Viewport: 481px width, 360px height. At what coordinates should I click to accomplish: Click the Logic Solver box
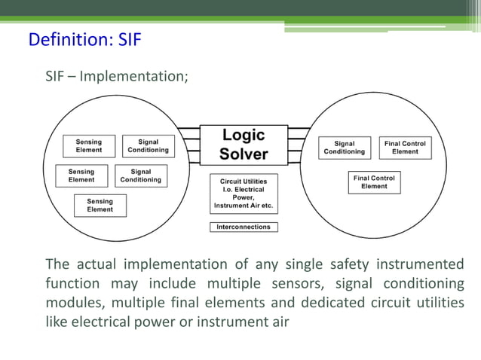point(244,145)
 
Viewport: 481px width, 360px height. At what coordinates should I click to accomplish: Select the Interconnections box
point(244,227)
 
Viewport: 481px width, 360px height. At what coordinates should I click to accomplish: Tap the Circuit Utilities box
point(244,194)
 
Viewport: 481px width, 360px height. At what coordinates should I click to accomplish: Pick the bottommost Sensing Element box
point(100,206)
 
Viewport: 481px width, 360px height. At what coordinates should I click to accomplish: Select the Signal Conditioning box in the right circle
point(344,147)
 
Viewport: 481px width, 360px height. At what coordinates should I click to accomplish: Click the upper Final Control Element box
point(405,147)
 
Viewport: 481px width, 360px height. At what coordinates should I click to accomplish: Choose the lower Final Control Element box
point(374,182)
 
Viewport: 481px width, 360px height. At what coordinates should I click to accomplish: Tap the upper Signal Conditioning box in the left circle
point(148,145)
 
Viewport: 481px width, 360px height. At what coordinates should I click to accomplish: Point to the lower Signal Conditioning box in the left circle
point(140,175)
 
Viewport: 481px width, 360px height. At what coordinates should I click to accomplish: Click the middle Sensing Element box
point(81,175)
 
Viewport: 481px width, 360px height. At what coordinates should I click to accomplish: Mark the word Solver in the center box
point(244,154)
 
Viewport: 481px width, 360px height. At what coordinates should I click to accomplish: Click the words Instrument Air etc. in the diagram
point(244,206)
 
